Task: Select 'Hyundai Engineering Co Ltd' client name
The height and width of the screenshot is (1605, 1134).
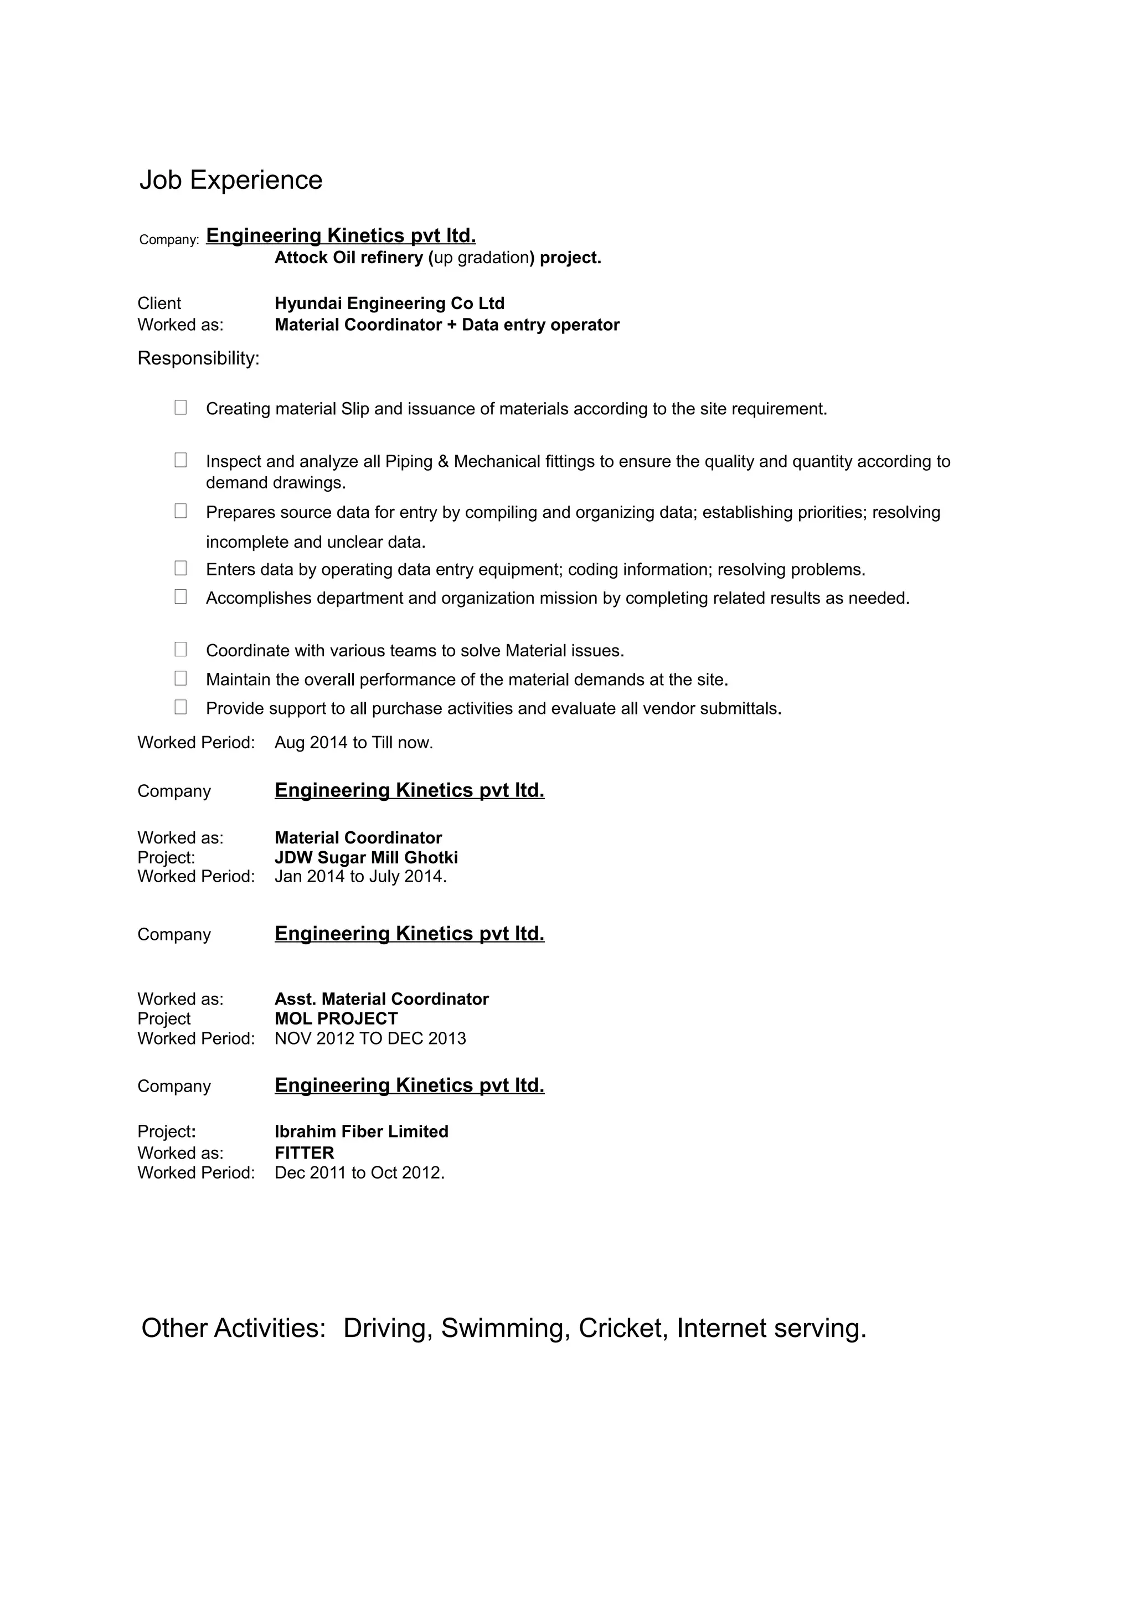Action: tap(389, 303)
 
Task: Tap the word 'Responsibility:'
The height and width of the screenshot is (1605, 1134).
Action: tap(198, 359)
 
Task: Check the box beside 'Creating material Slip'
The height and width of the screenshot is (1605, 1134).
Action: tap(181, 408)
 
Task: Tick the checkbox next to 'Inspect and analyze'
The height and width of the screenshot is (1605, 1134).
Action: tap(181, 460)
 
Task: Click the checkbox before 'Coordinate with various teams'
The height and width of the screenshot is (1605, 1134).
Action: tap(181, 650)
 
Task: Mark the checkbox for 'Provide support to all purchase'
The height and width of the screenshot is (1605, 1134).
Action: tap(181, 707)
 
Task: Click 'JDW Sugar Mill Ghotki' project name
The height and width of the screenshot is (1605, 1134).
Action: tap(366, 858)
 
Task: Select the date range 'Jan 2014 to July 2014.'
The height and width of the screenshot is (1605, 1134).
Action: tap(360, 877)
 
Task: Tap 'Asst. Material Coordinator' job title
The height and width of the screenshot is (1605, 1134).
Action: tap(382, 999)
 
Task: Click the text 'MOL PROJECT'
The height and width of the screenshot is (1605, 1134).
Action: tap(336, 1018)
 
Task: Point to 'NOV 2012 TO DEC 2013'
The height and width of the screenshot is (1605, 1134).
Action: tap(370, 1038)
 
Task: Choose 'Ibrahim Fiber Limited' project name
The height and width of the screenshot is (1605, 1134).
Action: tap(361, 1131)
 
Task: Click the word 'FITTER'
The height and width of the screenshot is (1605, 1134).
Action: tap(304, 1153)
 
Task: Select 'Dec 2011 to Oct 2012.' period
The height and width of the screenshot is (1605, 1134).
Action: tap(360, 1172)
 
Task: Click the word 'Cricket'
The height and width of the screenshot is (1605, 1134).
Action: tap(620, 1328)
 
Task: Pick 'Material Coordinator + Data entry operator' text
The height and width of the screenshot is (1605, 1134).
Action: tap(447, 325)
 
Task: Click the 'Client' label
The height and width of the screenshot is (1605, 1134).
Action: tap(159, 303)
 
